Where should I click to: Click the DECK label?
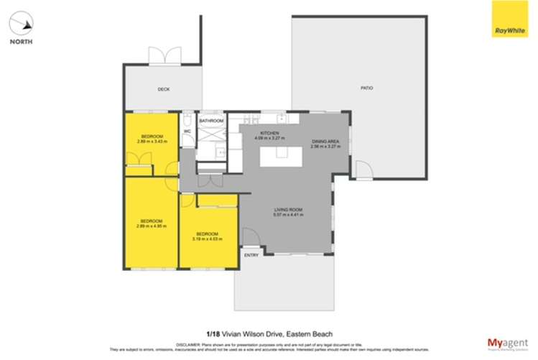pyautogui.click(x=163, y=90)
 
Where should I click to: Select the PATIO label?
pyautogui.click(x=366, y=88)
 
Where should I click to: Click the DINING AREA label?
pyautogui.click(x=325, y=142)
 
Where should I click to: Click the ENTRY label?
pyautogui.click(x=251, y=255)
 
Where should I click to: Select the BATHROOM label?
pyautogui.click(x=211, y=121)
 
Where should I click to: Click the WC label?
pyautogui.click(x=187, y=131)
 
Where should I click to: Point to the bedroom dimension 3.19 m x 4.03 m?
pyautogui.click(x=208, y=239)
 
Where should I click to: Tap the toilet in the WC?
pyautogui.click(x=187, y=119)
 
